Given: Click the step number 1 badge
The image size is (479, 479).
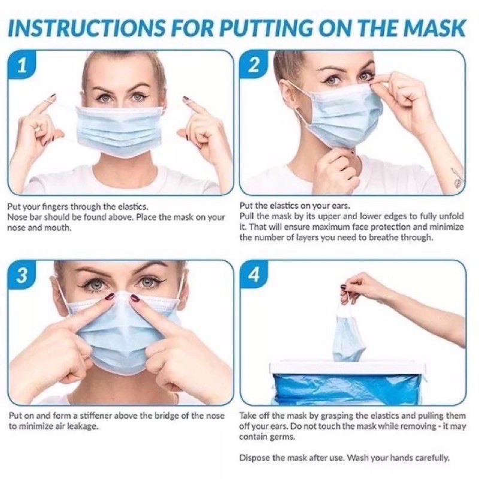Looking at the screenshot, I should [22, 66].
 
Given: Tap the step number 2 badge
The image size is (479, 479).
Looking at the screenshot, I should [253, 66].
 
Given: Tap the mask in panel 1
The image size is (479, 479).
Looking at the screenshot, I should [119, 131].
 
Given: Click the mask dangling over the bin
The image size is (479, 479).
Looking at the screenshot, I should [348, 335].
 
